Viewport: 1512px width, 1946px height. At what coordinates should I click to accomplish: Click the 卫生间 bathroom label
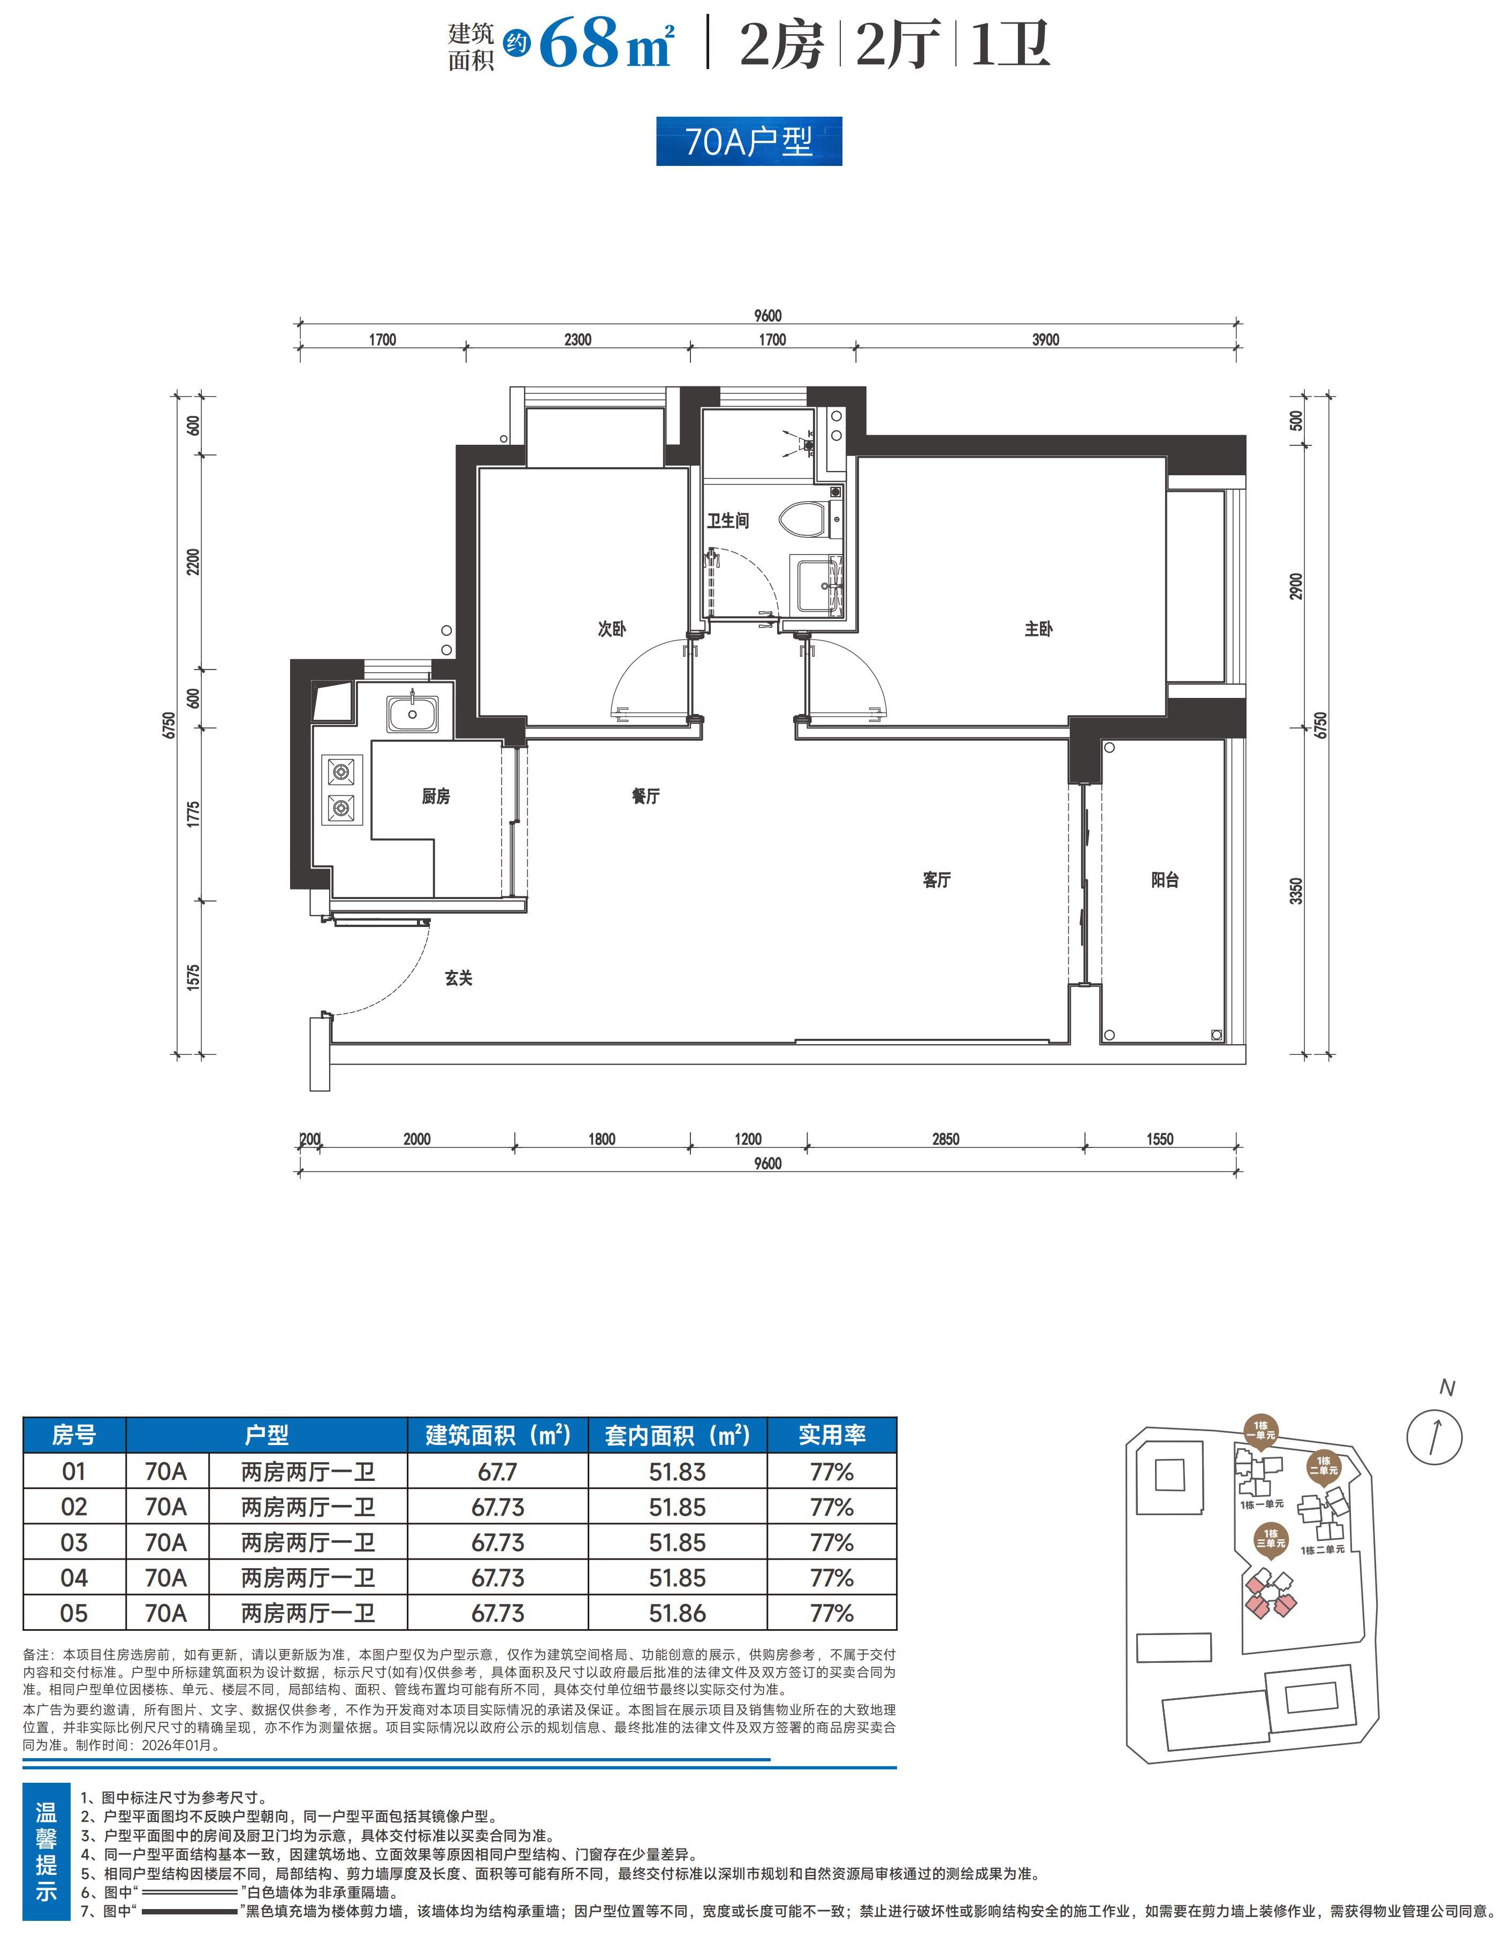(x=728, y=520)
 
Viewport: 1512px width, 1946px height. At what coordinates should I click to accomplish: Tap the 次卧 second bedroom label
(x=612, y=629)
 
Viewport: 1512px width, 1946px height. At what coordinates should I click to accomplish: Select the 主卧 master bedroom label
(x=1039, y=629)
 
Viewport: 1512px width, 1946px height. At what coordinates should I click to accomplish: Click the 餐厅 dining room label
(x=646, y=796)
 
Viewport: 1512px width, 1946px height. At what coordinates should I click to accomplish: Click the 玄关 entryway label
(x=459, y=978)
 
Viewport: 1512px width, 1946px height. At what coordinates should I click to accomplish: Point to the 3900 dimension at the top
(x=1046, y=339)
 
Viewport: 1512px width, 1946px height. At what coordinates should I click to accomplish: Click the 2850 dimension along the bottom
(x=946, y=1139)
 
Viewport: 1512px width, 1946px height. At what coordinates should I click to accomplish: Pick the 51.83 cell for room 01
(x=677, y=1472)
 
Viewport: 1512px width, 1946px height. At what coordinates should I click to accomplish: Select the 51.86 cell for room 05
(x=677, y=1613)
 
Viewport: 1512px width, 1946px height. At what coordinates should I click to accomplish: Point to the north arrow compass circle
(x=1434, y=1436)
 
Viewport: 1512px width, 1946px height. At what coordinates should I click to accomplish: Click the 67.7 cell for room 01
(x=497, y=1472)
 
